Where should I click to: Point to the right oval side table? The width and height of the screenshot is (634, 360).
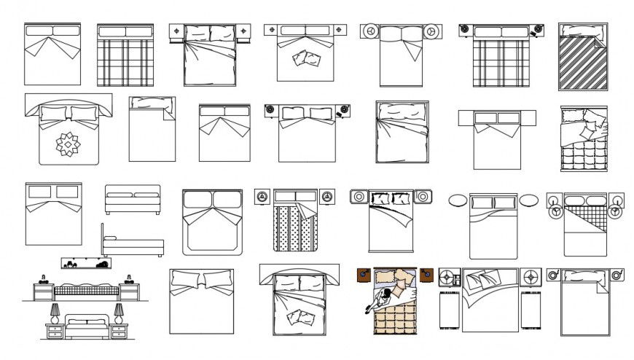(529, 200)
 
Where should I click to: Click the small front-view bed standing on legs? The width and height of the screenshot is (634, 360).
(133, 199)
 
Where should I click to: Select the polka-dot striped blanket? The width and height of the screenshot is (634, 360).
(296, 226)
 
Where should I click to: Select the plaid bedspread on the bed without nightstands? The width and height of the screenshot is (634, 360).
(125, 62)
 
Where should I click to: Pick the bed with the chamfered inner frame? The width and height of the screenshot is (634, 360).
(212, 222)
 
